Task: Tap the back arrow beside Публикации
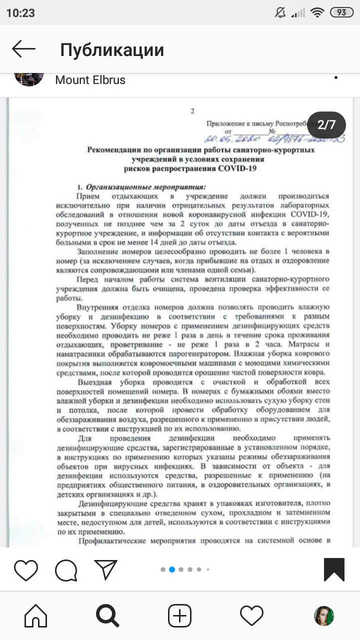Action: (x=23, y=49)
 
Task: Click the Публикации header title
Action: (x=112, y=50)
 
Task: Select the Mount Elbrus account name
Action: (x=90, y=80)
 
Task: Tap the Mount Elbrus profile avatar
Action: (x=29, y=78)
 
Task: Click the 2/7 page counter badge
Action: (x=326, y=124)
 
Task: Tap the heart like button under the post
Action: (x=26, y=570)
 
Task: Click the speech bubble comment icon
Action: (x=66, y=570)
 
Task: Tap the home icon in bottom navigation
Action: (x=36, y=615)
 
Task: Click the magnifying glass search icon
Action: (x=107, y=615)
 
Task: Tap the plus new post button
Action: (x=179, y=615)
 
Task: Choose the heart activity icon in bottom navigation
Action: (x=251, y=615)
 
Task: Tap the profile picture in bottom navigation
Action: (x=323, y=615)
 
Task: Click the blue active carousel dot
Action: (x=171, y=569)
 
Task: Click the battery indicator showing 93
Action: (x=341, y=13)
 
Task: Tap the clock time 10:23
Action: (x=20, y=13)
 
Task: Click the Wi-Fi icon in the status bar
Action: (x=316, y=13)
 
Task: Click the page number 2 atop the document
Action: (x=192, y=111)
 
